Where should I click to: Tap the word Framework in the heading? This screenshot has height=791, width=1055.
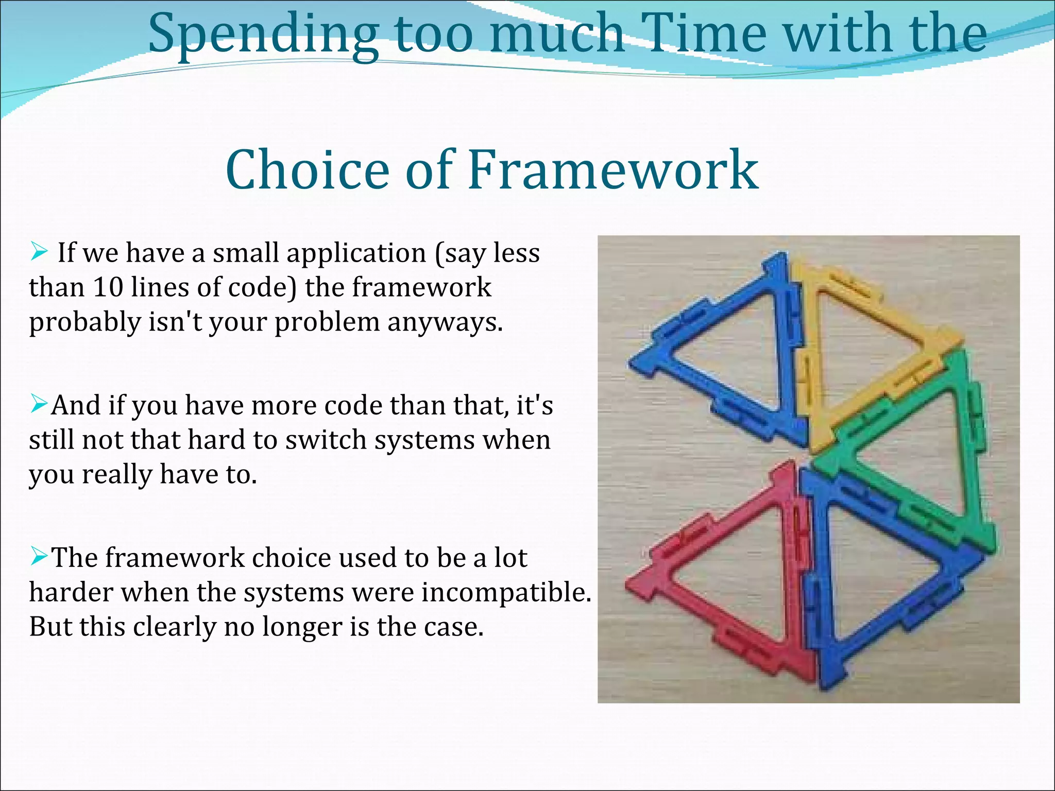click(613, 170)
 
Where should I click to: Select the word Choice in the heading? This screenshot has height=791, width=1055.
click(307, 170)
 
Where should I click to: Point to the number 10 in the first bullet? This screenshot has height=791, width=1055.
click(108, 287)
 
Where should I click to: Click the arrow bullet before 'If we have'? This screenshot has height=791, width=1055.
click(39, 252)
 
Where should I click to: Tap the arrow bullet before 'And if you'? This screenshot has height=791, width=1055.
click(39, 404)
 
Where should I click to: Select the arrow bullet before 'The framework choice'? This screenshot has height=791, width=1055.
click(39, 556)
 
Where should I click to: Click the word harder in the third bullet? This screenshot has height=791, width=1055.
click(71, 592)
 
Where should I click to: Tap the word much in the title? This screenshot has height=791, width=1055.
click(556, 34)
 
